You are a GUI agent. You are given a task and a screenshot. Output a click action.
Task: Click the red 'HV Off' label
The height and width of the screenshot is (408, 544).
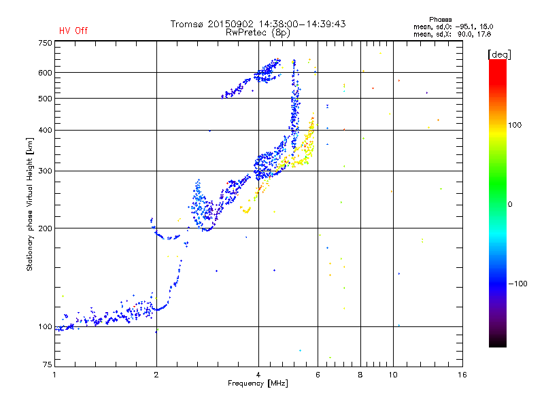73,31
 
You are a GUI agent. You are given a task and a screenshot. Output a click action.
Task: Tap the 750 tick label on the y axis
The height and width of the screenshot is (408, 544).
45,43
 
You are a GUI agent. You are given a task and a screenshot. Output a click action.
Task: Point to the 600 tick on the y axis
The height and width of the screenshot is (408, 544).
45,73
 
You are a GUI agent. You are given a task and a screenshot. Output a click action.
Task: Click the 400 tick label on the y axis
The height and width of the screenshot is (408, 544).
45,130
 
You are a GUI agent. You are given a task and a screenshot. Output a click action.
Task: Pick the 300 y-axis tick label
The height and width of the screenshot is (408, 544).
45,171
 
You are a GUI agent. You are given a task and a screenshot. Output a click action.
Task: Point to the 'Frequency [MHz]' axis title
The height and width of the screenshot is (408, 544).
258,384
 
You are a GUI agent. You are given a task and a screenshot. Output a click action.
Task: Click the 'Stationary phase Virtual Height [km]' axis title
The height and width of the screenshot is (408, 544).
30,204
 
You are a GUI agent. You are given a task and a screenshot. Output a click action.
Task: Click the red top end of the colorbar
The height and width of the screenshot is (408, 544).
497,63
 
